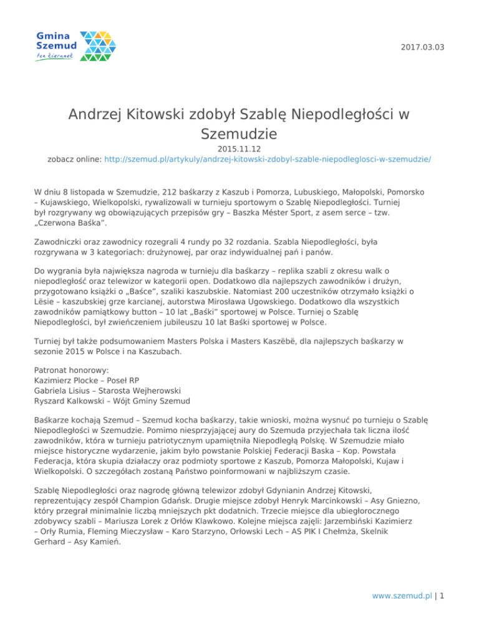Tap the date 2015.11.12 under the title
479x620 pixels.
click(239, 150)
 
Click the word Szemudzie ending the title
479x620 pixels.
click(239, 133)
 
